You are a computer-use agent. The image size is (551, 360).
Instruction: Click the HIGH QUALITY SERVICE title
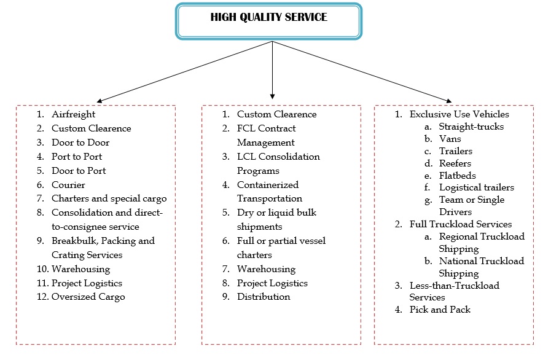(x=268, y=17)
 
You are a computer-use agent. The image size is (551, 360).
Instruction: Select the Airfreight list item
(x=73, y=114)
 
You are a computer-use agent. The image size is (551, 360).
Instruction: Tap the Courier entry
(x=68, y=185)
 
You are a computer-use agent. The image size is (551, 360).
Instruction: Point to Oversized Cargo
(x=88, y=297)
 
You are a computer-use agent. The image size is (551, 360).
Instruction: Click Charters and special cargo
(x=109, y=198)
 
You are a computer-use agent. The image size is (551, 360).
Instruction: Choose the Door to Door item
(x=80, y=143)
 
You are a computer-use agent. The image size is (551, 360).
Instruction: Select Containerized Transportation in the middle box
(x=269, y=192)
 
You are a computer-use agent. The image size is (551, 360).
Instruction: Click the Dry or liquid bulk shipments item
(x=276, y=219)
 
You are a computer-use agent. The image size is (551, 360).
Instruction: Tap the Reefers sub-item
(x=455, y=163)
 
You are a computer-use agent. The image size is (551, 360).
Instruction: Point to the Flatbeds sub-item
(x=457, y=176)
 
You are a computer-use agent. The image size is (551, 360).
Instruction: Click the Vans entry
(x=450, y=139)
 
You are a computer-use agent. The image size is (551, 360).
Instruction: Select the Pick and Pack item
(x=440, y=310)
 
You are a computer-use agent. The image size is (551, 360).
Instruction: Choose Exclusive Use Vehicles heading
(x=459, y=114)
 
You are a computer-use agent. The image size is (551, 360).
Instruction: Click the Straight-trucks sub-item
(x=471, y=127)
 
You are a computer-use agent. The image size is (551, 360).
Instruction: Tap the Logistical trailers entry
(x=476, y=187)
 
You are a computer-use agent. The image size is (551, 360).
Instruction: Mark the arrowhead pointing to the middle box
(x=272, y=96)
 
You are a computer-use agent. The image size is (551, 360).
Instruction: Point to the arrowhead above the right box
(x=449, y=100)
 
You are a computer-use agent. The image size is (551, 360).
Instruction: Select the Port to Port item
(x=77, y=157)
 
